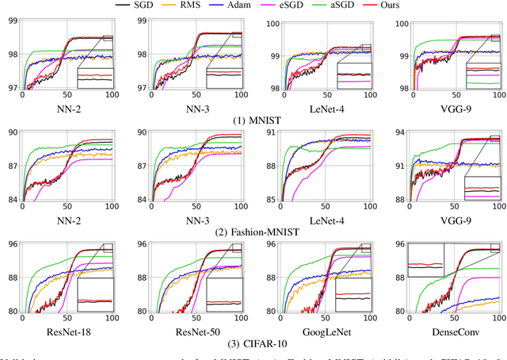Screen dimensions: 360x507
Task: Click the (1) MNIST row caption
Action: pyautogui.click(x=253, y=119)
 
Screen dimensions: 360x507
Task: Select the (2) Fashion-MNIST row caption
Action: pyautogui.click(x=253, y=232)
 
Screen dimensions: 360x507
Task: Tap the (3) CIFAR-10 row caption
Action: pyautogui.click(x=253, y=343)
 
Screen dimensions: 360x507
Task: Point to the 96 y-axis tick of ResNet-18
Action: pyautogui.click(x=13, y=245)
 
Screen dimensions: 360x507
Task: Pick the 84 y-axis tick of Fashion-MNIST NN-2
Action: pyautogui.click(x=13, y=199)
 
